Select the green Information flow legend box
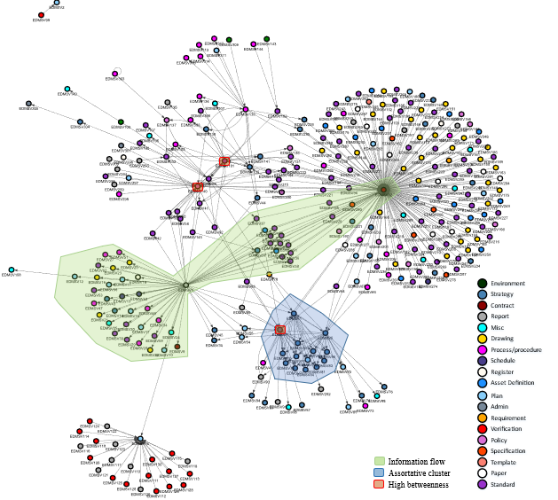(x=379, y=461)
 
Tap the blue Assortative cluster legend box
(x=379, y=473)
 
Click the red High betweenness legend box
(x=379, y=484)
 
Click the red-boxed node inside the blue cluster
(x=279, y=330)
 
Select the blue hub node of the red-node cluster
(x=139, y=440)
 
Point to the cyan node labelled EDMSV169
(x=12, y=270)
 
